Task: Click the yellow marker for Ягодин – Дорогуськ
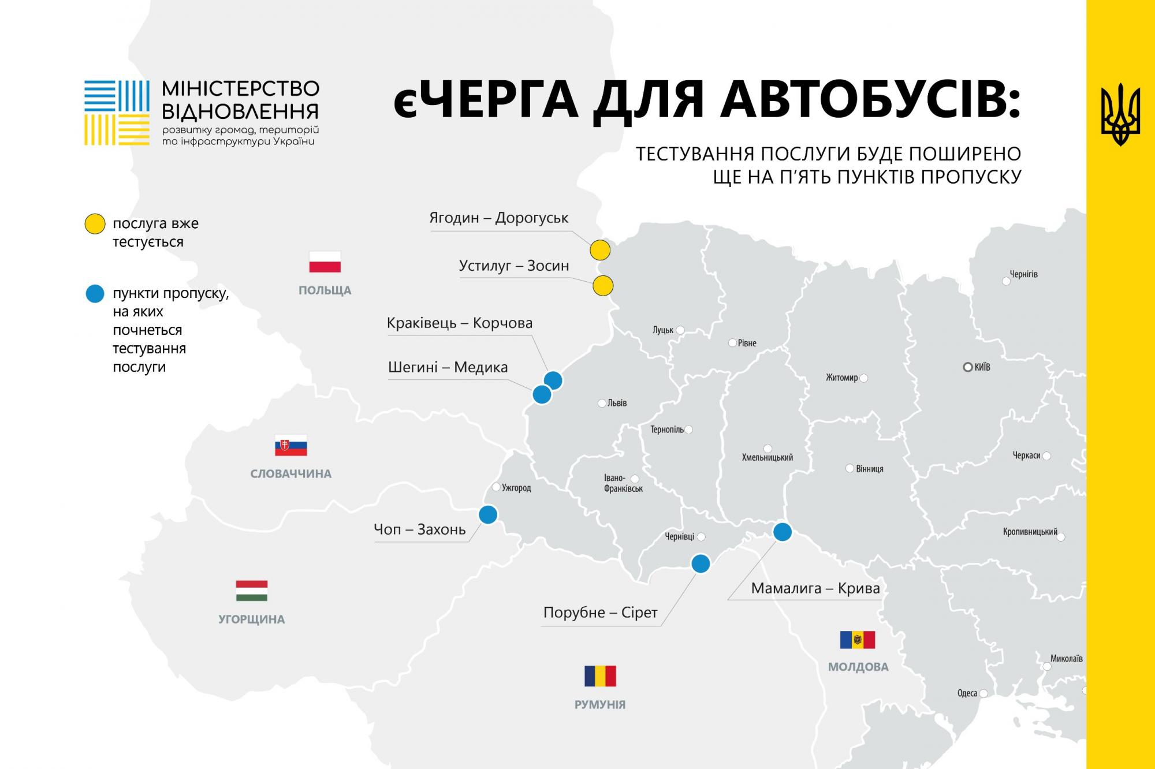(x=600, y=251)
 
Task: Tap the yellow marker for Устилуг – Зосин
(x=603, y=286)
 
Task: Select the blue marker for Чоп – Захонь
(x=488, y=514)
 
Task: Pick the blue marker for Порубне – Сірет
(x=701, y=563)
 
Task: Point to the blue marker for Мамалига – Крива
(x=783, y=532)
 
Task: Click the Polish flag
(x=325, y=262)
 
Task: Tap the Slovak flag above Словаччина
(x=290, y=446)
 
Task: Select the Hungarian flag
(x=252, y=591)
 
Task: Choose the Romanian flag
(x=600, y=676)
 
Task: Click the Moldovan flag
(x=858, y=640)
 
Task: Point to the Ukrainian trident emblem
(x=1120, y=114)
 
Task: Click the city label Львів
(x=617, y=403)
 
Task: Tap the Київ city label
(x=982, y=367)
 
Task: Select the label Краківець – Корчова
(x=460, y=323)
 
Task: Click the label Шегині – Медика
(x=448, y=367)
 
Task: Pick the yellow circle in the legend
(x=95, y=223)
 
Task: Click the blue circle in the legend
(x=95, y=294)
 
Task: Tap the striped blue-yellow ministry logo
(x=117, y=113)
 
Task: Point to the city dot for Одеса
(x=983, y=693)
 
